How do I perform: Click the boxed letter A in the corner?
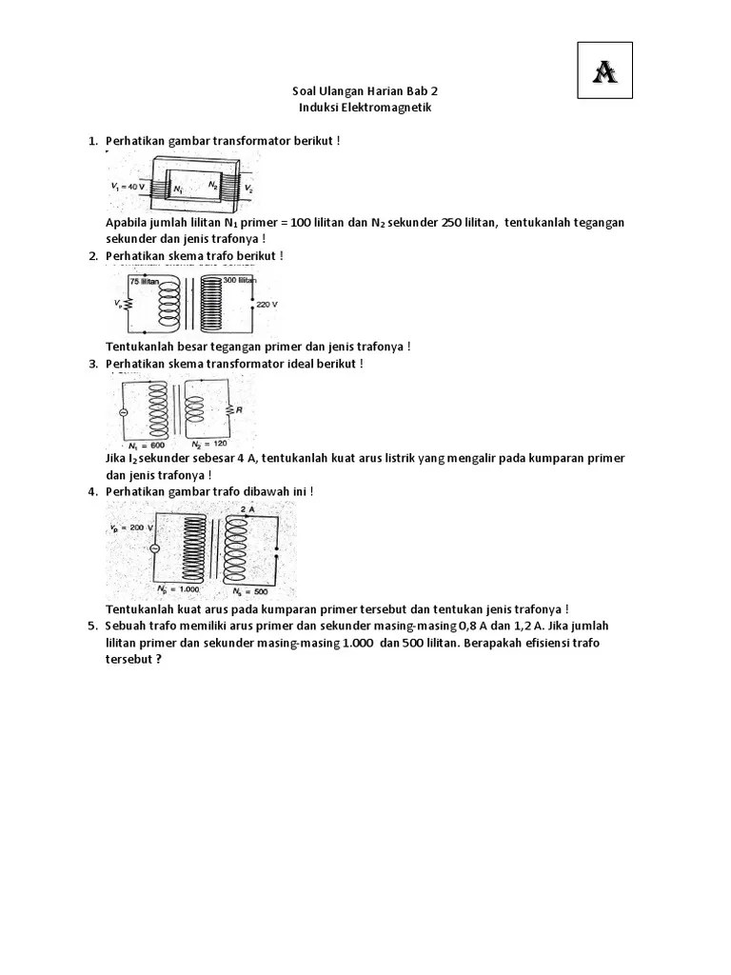click(604, 70)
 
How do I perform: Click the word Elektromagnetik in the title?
click(386, 108)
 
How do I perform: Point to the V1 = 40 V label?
click(128, 187)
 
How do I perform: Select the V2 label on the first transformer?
click(249, 189)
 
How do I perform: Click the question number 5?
click(93, 626)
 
